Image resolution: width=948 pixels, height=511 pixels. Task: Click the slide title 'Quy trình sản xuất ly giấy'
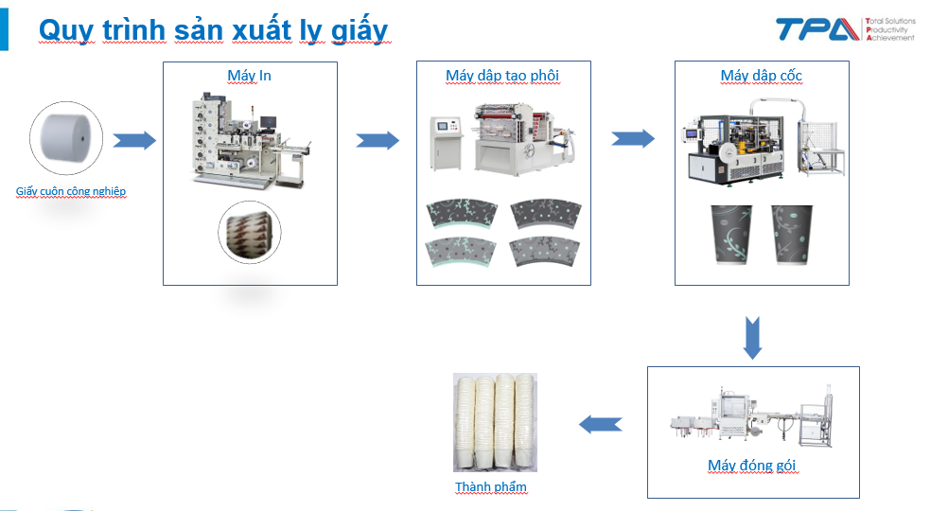213,30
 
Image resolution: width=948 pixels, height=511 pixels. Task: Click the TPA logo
845,29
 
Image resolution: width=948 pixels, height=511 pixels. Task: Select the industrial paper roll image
66,138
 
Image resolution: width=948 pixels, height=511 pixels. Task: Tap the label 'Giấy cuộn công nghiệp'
71,191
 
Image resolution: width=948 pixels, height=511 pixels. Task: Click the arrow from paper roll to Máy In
134,140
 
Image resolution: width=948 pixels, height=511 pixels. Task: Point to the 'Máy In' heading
249,76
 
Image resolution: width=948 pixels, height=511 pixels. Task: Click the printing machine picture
251,141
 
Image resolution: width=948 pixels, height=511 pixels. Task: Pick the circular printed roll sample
250,232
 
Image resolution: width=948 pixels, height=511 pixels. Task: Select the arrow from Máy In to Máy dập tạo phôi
377,140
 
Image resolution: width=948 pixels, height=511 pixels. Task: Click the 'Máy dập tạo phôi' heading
502,76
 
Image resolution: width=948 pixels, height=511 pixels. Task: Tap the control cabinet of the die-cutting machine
447,144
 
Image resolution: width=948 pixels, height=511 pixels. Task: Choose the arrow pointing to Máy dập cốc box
633,138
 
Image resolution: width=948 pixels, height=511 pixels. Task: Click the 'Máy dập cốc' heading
762,76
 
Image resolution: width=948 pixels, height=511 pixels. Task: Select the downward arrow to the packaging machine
752,338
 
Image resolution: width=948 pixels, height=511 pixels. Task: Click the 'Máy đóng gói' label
752,465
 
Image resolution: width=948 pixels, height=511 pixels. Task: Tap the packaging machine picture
752,416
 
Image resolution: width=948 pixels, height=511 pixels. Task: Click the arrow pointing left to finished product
601,424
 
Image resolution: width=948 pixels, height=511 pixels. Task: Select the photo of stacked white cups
495,422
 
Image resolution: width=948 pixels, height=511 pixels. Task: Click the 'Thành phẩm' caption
491,486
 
